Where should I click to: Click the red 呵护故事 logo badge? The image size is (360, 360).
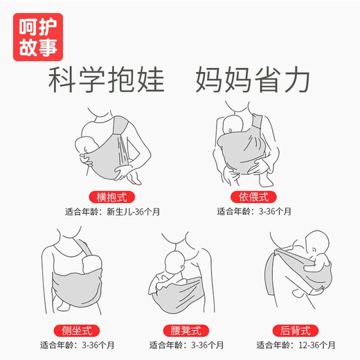click(x=38, y=37)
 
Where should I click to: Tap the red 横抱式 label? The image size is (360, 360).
click(x=111, y=197)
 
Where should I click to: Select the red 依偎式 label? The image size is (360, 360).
click(x=253, y=197)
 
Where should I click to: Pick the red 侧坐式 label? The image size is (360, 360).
click(x=77, y=331)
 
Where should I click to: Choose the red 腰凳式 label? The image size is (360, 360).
click(x=186, y=331)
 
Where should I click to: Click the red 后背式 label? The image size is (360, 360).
click(x=296, y=331)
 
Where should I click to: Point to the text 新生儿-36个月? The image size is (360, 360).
click(x=133, y=212)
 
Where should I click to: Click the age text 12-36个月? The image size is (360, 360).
click(x=316, y=345)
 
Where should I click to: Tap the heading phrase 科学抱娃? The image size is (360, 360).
click(x=107, y=80)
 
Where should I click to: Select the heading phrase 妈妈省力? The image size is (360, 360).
click(x=253, y=80)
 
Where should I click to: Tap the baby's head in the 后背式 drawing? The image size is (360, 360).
click(x=317, y=242)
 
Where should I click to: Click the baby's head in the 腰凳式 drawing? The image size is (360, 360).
click(x=175, y=262)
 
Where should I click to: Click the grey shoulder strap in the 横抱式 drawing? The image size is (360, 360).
click(x=120, y=126)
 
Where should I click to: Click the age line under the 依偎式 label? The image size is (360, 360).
click(x=254, y=211)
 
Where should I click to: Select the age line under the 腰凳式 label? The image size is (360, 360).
click(x=186, y=345)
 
